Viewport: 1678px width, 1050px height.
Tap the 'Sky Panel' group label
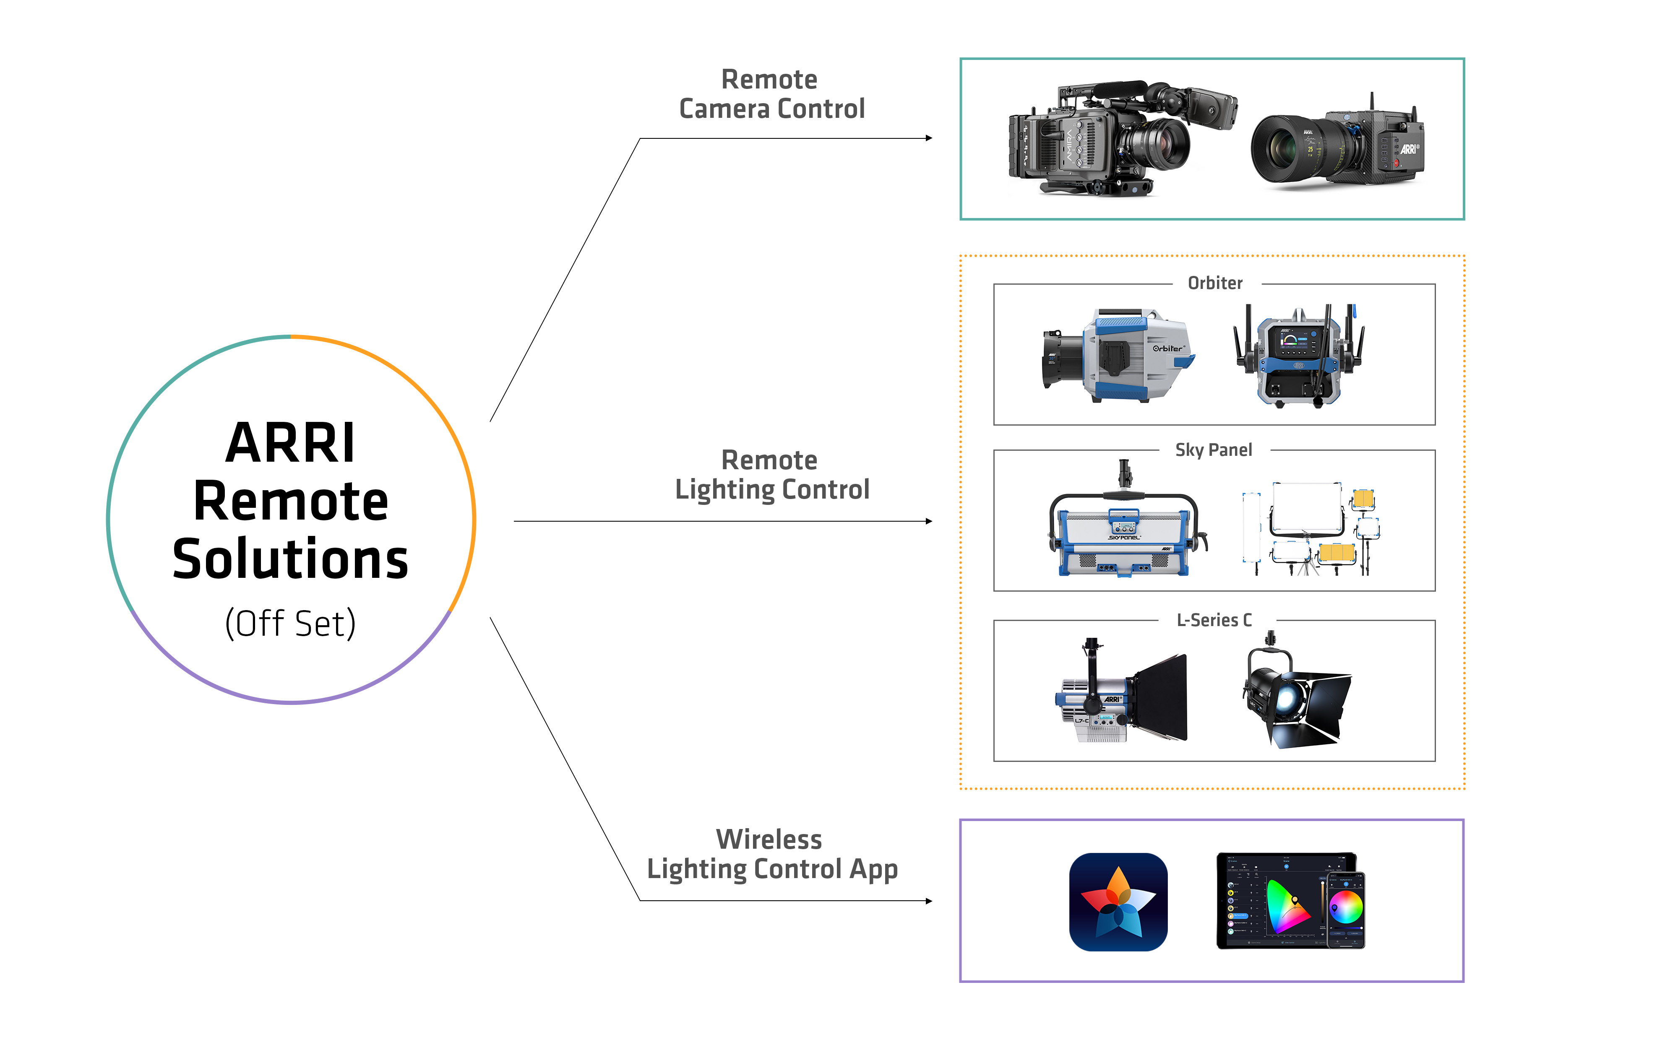click(1213, 450)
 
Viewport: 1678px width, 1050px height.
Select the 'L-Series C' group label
click(1214, 620)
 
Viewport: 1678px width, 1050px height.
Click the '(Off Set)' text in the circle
click(290, 623)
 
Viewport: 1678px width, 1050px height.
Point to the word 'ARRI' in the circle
click(290, 443)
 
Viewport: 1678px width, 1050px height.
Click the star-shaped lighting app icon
click(1118, 902)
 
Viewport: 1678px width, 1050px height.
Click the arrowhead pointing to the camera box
click(929, 138)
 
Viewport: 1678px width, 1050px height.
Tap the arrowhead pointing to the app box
click(929, 901)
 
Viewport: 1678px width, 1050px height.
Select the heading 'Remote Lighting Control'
click(771, 475)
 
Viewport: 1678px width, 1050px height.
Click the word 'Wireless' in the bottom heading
click(769, 839)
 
